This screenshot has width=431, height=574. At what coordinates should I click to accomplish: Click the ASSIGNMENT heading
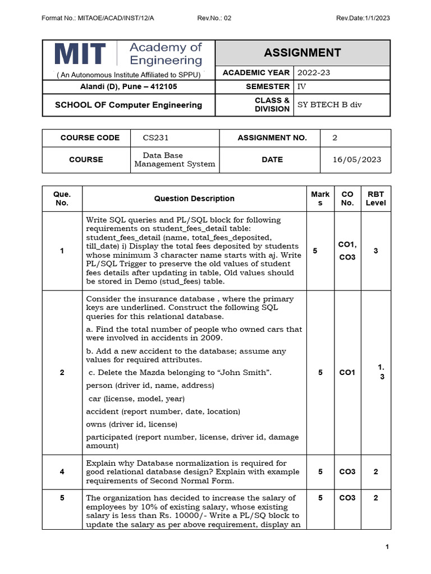coord(302,53)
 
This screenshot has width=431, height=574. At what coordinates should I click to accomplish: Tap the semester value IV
coord(301,86)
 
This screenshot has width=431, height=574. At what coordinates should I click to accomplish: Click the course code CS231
coord(155,138)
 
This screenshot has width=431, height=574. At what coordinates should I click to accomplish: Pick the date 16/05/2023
coord(356,159)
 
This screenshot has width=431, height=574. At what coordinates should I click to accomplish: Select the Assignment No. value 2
coord(335,138)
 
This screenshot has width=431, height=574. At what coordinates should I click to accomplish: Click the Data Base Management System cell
coord(175,159)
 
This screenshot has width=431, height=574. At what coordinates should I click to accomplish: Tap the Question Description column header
coord(194,198)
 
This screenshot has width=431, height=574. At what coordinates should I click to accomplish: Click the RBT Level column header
coord(375,198)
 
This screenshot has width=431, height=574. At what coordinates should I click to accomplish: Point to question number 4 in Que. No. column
coord(62,472)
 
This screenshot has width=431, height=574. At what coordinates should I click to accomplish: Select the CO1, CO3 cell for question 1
coord(347,251)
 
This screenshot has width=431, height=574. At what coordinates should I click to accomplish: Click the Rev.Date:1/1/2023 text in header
coord(363,18)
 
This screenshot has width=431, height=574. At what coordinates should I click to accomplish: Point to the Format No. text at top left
coord(98,18)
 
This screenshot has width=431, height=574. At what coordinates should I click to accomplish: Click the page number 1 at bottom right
coord(387,547)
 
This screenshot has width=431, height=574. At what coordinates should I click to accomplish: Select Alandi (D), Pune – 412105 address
coord(129,86)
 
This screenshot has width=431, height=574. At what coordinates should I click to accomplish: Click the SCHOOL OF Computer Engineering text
coord(128,105)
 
